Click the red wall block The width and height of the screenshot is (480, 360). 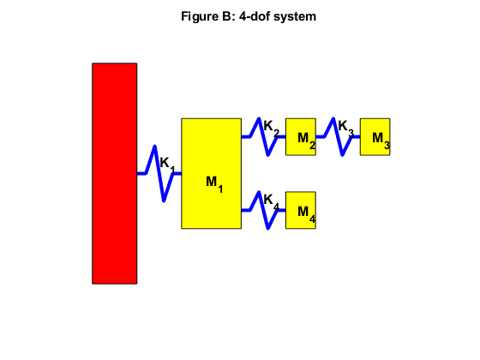[x=115, y=172]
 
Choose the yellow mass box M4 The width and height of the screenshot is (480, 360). [x=300, y=219]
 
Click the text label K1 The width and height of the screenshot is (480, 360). [x=168, y=164]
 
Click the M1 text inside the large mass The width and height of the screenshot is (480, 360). [x=214, y=183]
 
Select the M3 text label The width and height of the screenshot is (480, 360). [x=381, y=140]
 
